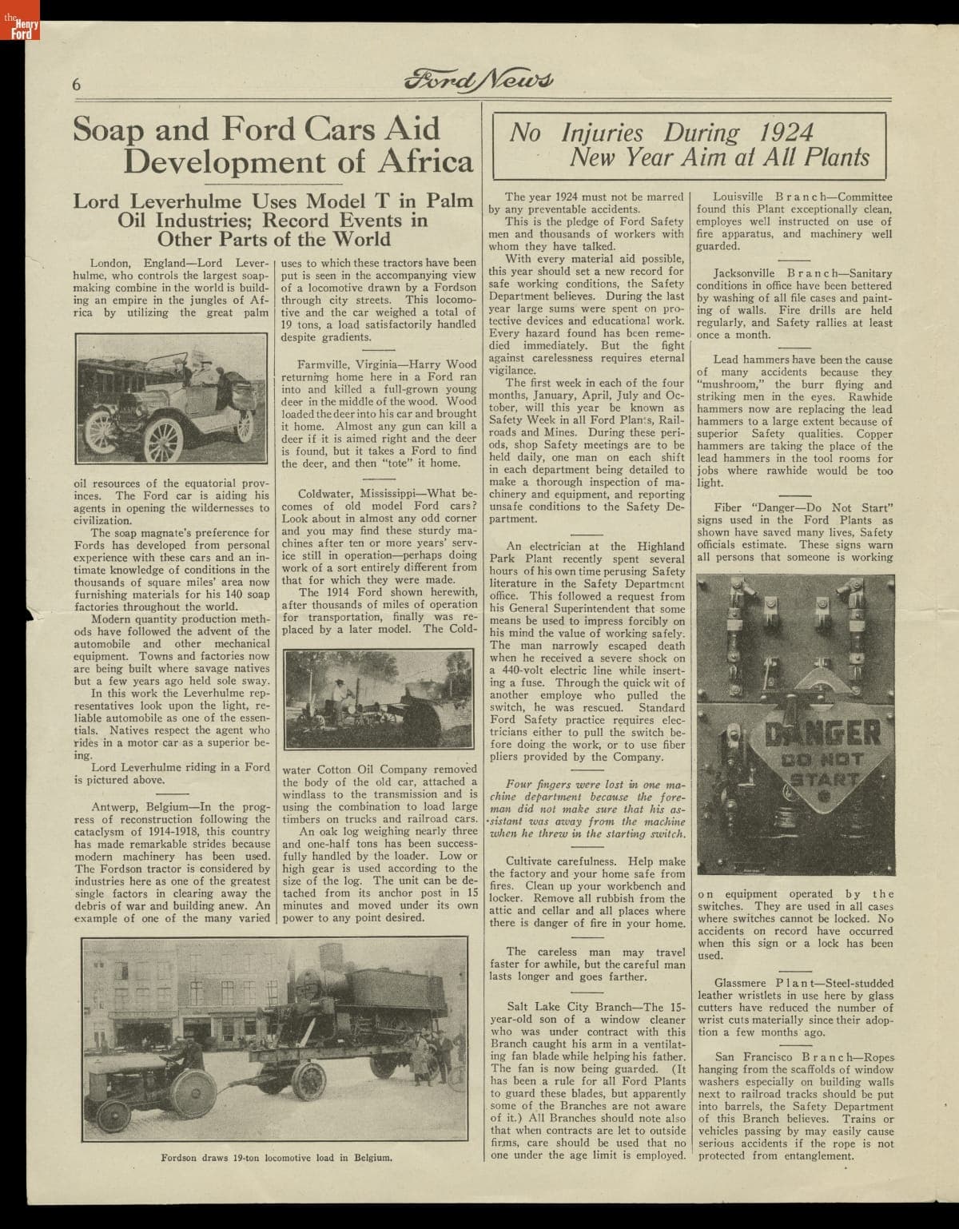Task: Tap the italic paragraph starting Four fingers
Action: (587, 809)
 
